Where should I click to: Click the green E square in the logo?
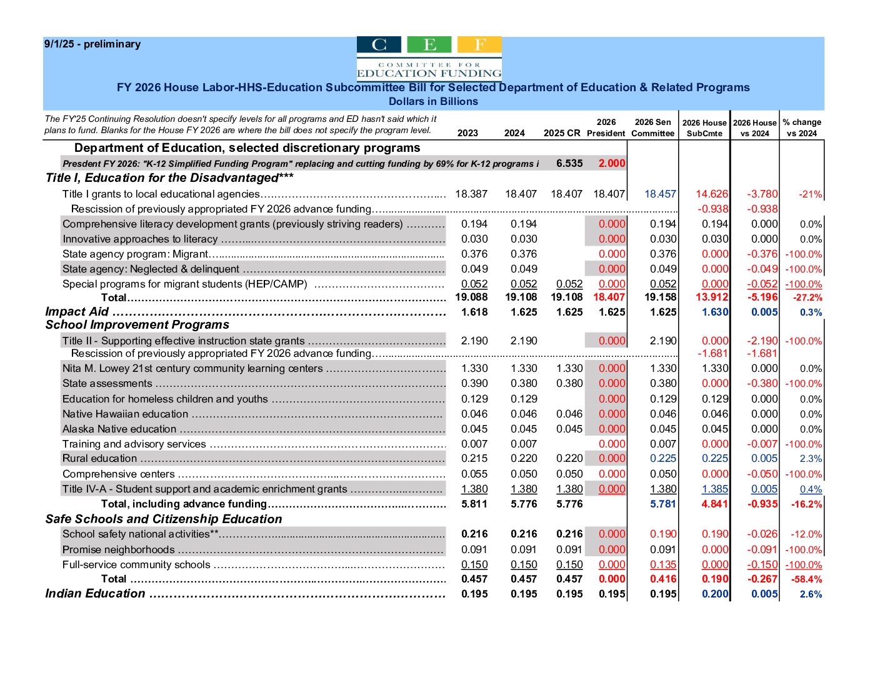(429, 45)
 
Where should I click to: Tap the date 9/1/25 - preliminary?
(92, 44)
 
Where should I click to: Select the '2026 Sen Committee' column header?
(652, 127)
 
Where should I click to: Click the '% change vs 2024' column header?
(802, 127)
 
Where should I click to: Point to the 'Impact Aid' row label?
(77, 312)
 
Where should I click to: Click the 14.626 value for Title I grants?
(711, 194)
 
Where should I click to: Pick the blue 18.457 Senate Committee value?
(660, 194)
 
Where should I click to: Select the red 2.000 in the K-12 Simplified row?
(611, 163)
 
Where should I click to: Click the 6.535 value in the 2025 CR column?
(569, 163)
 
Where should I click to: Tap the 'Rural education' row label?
(99, 459)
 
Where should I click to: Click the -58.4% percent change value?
(807, 579)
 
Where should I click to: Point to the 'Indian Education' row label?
(95, 594)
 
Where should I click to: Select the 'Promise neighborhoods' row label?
(118, 550)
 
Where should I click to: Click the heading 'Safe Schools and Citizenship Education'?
(164, 519)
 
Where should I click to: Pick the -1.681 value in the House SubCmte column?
(712, 354)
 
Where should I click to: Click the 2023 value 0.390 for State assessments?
(474, 384)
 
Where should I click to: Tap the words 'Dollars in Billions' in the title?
(433, 101)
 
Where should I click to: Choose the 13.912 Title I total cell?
(711, 297)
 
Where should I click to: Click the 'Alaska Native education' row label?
(119, 429)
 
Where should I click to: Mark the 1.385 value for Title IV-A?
(714, 489)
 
